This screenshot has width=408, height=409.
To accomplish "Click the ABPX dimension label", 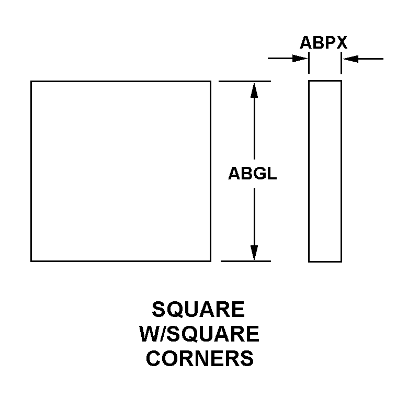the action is pyautogui.click(x=323, y=42).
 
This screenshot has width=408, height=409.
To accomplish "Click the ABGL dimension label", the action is pyautogui.click(x=252, y=174).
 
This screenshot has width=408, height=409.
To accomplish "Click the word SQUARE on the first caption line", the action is pyautogui.click(x=198, y=309).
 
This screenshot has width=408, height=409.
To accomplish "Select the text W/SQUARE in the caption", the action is pyautogui.click(x=199, y=334).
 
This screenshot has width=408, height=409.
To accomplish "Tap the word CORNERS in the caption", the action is pyautogui.click(x=200, y=358).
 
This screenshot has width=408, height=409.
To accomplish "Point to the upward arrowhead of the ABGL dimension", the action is pyautogui.click(x=254, y=90).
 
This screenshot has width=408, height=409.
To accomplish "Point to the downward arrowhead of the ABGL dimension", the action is pyautogui.click(x=254, y=253).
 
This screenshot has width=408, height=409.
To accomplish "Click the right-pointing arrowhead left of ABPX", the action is pyautogui.click(x=300, y=59).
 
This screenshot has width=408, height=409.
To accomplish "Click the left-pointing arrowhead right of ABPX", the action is pyautogui.click(x=350, y=59).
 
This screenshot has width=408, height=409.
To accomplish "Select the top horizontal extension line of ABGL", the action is pyautogui.click(x=245, y=82).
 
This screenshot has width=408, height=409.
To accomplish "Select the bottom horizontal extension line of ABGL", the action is pyautogui.click(x=246, y=261).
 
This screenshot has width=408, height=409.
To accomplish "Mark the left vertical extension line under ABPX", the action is pyautogui.click(x=309, y=63).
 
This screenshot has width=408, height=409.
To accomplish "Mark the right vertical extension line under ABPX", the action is pyautogui.click(x=341, y=63).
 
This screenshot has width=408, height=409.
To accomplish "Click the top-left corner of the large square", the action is pyautogui.click(x=31, y=82).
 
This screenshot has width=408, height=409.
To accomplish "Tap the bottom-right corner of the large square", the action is pyautogui.click(x=210, y=261).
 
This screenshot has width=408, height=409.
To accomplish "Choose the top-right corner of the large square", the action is pyautogui.click(x=210, y=82).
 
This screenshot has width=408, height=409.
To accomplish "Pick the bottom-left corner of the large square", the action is pyautogui.click(x=31, y=261).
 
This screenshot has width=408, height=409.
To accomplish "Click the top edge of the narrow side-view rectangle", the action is pyautogui.click(x=325, y=81).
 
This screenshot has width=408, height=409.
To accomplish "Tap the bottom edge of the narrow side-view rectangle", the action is pyautogui.click(x=325, y=262).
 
